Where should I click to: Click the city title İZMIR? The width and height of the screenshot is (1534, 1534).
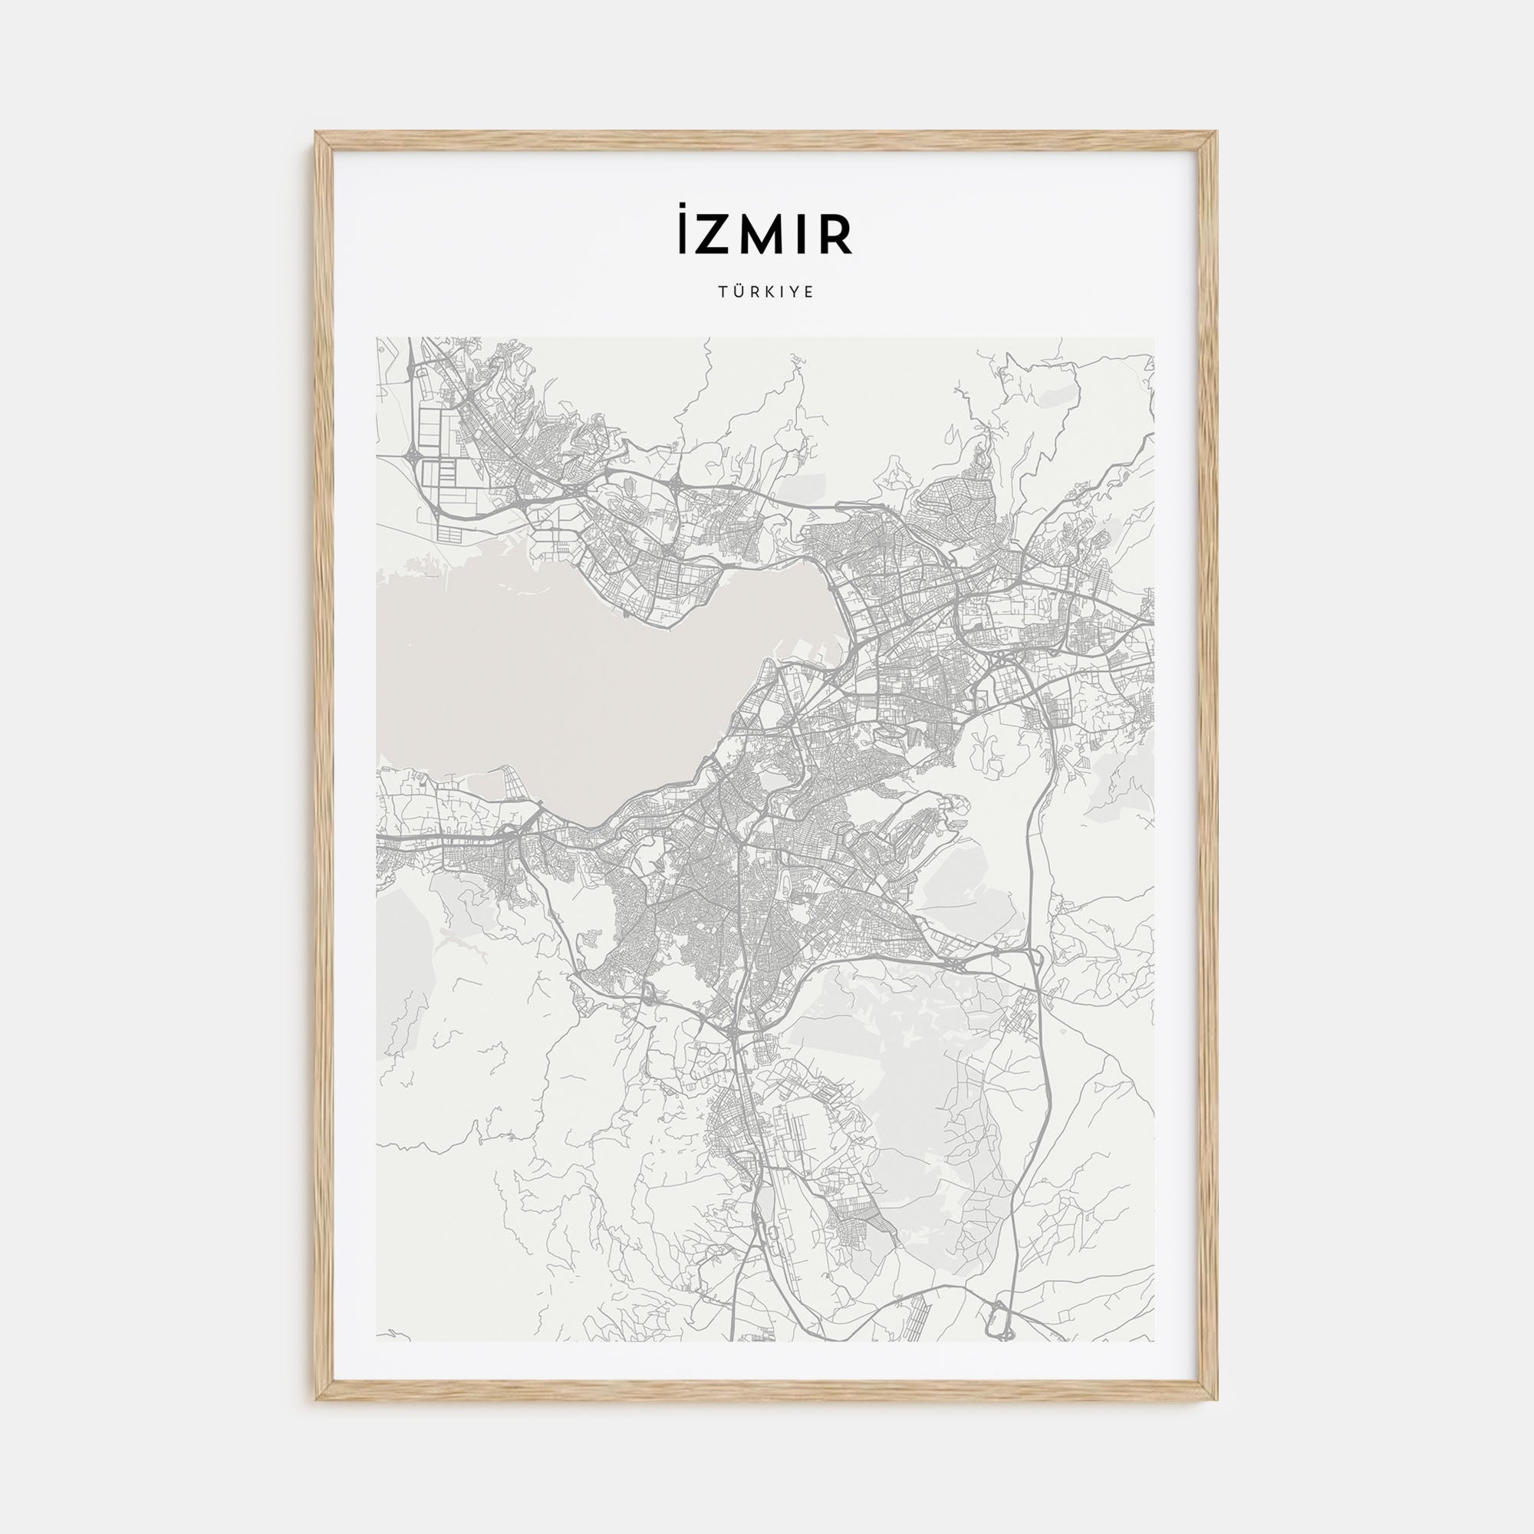tap(766, 235)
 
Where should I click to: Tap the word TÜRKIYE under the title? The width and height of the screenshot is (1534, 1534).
tap(766, 292)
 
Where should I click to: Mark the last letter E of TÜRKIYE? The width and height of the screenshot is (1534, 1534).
tap(810, 292)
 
